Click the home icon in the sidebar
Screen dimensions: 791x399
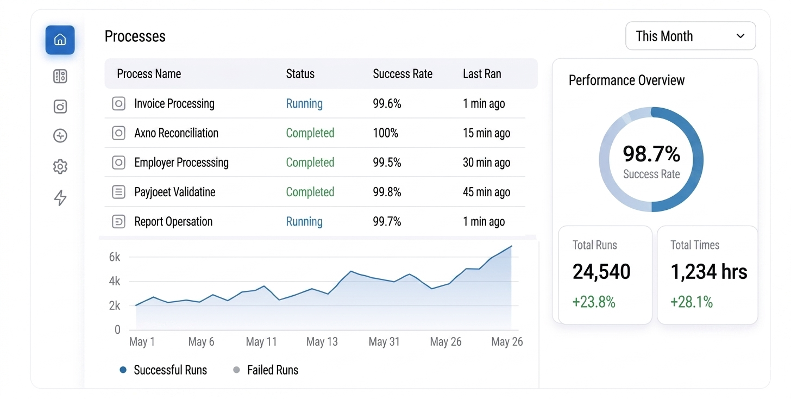pyautogui.click(x=60, y=40)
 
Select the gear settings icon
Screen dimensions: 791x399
pyautogui.click(x=60, y=166)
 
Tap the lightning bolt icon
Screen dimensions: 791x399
pyautogui.click(x=60, y=197)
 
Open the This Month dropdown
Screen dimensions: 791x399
pyautogui.click(x=690, y=36)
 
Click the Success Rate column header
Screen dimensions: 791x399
pyautogui.click(x=403, y=74)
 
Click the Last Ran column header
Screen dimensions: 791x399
pyautogui.click(x=482, y=74)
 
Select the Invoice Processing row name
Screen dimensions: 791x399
pyautogui.click(x=174, y=103)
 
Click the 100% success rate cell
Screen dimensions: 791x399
pyautogui.click(x=386, y=133)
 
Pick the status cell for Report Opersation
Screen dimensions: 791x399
pyautogui.click(x=304, y=222)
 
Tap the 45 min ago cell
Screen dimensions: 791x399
pyautogui.click(x=487, y=192)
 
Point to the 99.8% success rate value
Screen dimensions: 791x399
pyautogui.click(x=387, y=192)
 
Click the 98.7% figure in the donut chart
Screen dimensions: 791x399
pyautogui.click(x=651, y=154)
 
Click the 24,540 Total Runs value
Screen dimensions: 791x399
pyautogui.click(x=601, y=271)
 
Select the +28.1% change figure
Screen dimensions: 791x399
pyautogui.click(x=692, y=302)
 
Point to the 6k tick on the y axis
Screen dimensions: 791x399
pyautogui.click(x=115, y=257)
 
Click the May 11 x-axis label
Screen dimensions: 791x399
pyautogui.click(x=261, y=342)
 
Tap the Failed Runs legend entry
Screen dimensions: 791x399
pyautogui.click(x=266, y=370)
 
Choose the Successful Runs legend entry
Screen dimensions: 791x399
pyautogui.click(x=163, y=370)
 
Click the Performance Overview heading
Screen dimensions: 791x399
pyautogui.click(x=626, y=80)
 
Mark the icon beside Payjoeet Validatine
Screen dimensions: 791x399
pyautogui.click(x=118, y=192)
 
